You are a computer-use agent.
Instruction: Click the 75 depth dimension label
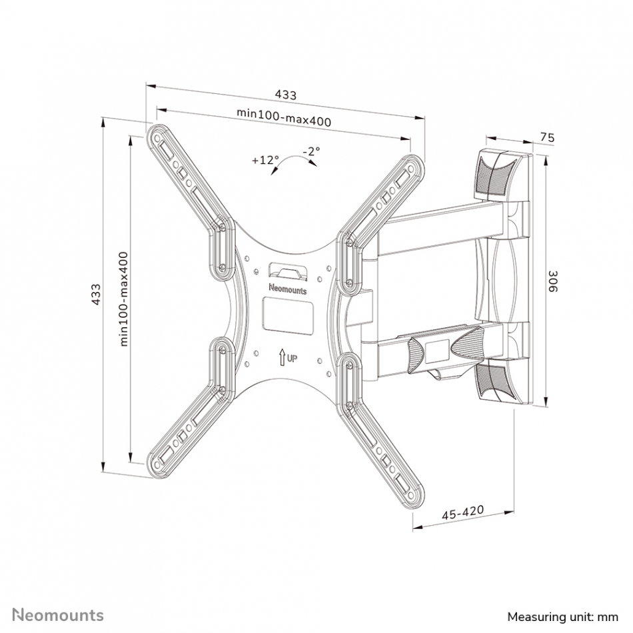tap(548, 137)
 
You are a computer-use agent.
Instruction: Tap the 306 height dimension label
tap(552, 281)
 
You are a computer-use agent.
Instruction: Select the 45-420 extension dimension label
tap(462, 512)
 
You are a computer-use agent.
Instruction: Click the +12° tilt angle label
tap(265, 160)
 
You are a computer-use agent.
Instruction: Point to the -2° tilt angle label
tap(312, 151)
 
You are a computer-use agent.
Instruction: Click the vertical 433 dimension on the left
tap(96, 295)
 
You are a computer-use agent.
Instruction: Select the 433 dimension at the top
tap(286, 95)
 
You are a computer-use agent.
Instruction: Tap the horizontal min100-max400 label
tap(284, 117)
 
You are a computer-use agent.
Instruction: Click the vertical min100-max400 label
tap(123, 299)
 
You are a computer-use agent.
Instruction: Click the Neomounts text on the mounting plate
tap(288, 289)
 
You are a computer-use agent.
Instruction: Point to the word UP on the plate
tap(293, 358)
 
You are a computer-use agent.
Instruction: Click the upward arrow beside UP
tap(282, 357)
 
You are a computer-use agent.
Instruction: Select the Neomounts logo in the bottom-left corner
tap(58, 615)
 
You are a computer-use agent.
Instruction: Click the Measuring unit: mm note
tap(563, 617)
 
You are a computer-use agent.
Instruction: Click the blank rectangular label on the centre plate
tap(289, 316)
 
